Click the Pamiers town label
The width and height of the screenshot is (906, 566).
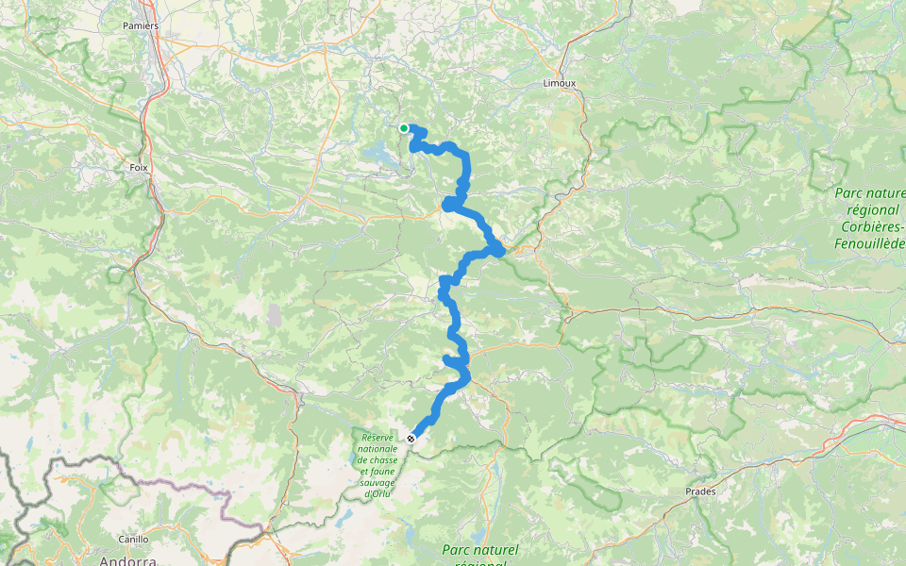(x=140, y=25)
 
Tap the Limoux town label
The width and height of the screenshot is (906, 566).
(x=560, y=83)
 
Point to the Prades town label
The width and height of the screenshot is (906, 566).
(x=700, y=491)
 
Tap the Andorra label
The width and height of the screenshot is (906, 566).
(x=128, y=560)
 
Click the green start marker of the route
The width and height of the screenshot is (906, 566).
(x=404, y=128)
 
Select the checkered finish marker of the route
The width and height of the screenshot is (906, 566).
(x=411, y=439)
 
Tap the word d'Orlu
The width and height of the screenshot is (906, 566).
(x=377, y=494)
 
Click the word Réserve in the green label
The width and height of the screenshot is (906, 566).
(x=377, y=438)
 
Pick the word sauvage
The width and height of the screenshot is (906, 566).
(x=377, y=483)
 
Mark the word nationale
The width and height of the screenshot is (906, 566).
(x=377, y=449)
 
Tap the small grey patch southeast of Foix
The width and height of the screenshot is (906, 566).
(x=274, y=314)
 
